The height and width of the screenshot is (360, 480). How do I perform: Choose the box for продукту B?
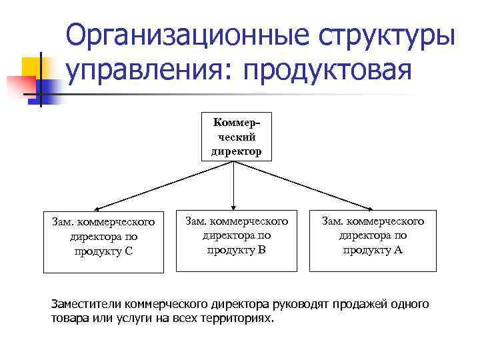tap(237, 242)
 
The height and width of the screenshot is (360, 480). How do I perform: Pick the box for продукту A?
tap(373, 242)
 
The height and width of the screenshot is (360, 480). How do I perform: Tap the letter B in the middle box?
tap(261, 250)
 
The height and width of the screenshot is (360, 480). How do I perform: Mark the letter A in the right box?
tap(398, 250)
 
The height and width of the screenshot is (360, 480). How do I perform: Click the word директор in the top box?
tap(237, 151)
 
